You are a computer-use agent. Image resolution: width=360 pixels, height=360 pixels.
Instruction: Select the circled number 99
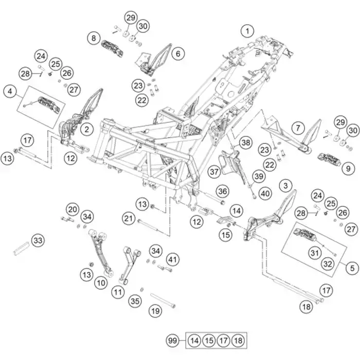coord(172,340)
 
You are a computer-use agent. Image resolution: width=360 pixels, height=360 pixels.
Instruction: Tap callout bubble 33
coord(38,240)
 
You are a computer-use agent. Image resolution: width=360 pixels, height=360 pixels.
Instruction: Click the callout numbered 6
coord(177,53)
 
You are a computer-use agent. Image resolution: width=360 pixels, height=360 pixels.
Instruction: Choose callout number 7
coord(297,128)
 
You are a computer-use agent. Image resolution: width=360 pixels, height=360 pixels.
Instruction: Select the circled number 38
coord(245,142)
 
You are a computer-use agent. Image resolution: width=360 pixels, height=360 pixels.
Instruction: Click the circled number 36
coord(222,191)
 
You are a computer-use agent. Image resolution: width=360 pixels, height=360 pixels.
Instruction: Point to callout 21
coord(128,219)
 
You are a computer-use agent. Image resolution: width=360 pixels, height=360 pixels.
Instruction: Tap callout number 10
coord(101,282)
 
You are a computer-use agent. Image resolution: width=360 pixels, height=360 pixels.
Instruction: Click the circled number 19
coord(155,311)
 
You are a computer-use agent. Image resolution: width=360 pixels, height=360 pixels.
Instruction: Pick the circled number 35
coord(135,300)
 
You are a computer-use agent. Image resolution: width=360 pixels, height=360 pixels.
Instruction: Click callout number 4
coord(8,92)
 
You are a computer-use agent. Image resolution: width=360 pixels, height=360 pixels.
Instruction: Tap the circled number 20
coord(71,209)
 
